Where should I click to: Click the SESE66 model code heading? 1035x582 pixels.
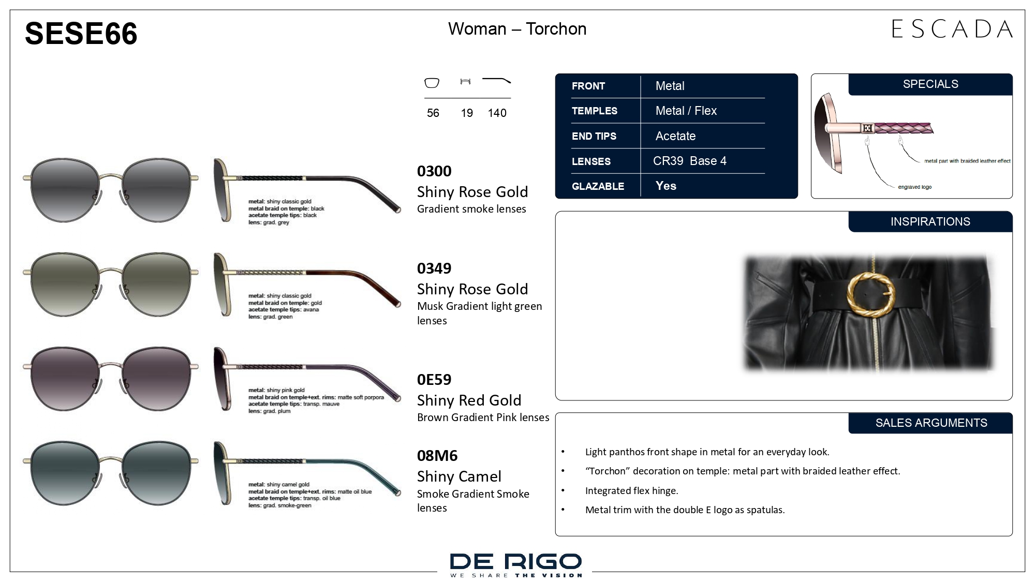coord(81,33)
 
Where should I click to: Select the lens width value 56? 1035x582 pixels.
coord(433,113)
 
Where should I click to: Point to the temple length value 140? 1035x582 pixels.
coord(497,113)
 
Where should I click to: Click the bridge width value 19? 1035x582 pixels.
coord(467,113)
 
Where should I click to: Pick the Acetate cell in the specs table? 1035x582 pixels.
coord(675,136)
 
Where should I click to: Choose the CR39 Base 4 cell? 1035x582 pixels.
coord(689,161)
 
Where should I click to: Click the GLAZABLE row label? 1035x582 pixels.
coord(598,186)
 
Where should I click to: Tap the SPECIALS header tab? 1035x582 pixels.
coord(930,84)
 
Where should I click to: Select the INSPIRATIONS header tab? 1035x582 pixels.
coord(930,221)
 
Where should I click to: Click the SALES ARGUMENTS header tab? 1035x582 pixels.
coord(931,423)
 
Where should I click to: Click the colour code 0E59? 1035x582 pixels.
coord(434,379)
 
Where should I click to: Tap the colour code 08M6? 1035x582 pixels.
coord(437,455)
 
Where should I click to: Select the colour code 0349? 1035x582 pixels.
coord(434,268)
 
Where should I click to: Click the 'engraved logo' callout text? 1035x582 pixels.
coord(914,187)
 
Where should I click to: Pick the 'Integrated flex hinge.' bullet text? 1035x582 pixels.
coord(631,490)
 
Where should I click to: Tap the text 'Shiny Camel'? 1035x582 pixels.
coord(459,476)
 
